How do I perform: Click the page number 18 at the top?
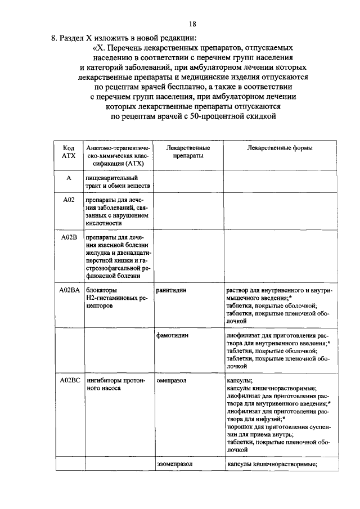pyautogui.click(x=193, y=24)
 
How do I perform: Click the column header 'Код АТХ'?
pyautogui.click(x=68, y=152)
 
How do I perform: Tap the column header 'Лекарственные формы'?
pyautogui.click(x=280, y=148)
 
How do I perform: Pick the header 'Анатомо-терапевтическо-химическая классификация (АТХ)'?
pyautogui.click(x=116, y=156)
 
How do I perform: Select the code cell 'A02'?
pyautogui.click(x=68, y=200)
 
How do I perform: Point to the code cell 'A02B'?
pyautogui.click(x=68, y=237)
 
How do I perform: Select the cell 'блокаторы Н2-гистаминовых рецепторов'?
pyautogui.click(x=115, y=298)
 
